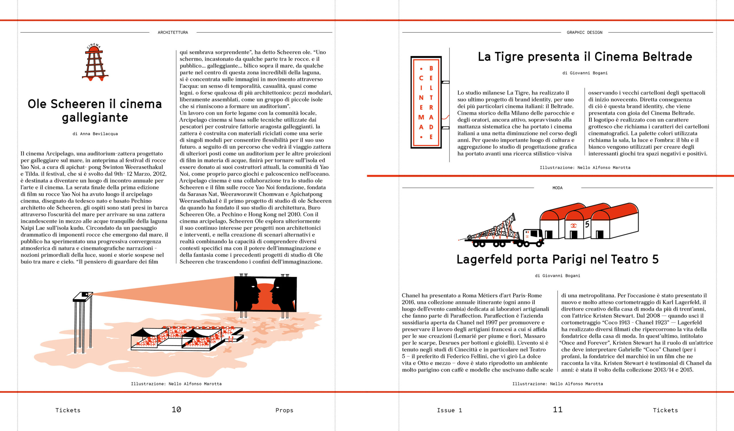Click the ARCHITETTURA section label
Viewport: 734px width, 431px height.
[x=173, y=33]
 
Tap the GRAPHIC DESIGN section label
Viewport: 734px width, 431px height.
[x=584, y=33]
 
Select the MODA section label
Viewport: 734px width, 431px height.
[x=557, y=188]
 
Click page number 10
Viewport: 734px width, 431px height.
[x=176, y=410]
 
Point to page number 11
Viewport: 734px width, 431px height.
[x=557, y=410]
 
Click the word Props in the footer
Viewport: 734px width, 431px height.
[x=284, y=410]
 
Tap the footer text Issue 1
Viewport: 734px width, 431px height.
[x=449, y=410]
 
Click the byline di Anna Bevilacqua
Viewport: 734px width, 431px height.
[x=95, y=134]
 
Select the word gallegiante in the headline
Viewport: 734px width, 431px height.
[x=95, y=118]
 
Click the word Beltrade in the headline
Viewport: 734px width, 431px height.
[x=667, y=57]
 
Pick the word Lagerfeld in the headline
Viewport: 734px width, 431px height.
[x=484, y=260]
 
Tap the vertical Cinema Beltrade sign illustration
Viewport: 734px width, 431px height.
[x=426, y=102]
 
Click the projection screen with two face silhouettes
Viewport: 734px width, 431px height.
[x=265, y=294]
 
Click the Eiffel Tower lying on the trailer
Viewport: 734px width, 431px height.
[x=492, y=230]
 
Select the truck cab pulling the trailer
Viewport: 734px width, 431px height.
[x=533, y=237]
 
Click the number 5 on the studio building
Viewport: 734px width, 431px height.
[x=587, y=224]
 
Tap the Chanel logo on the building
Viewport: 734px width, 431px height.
[x=573, y=226]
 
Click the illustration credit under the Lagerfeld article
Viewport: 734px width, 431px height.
[x=557, y=384]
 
